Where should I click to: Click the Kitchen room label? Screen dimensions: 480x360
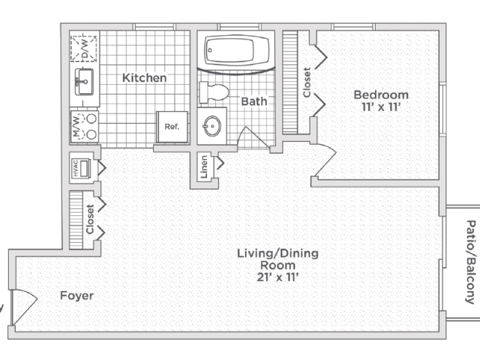[145, 78]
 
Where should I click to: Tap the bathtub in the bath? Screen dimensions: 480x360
[235, 50]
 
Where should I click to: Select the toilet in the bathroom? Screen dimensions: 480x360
[214, 91]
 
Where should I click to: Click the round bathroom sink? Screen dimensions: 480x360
[211, 126]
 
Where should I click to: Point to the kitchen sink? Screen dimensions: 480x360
[84, 82]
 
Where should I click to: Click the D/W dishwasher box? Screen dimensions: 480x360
[83, 48]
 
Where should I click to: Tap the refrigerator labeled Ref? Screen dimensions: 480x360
[172, 127]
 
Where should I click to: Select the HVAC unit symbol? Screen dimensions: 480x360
[81, 168]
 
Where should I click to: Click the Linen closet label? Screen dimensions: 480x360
[204, 166]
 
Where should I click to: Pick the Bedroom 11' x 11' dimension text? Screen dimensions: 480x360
[381, 107]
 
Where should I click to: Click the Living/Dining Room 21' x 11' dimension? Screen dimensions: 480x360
[277, 277]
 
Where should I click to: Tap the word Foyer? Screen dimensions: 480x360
[76, 295]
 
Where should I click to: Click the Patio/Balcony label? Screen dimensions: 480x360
[471, 262]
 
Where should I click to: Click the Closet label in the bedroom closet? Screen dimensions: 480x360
[307, 82]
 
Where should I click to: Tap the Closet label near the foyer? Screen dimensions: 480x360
[90, 219]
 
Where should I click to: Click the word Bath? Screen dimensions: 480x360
[253, 101]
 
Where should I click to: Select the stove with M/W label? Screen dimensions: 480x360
[85, 126]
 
